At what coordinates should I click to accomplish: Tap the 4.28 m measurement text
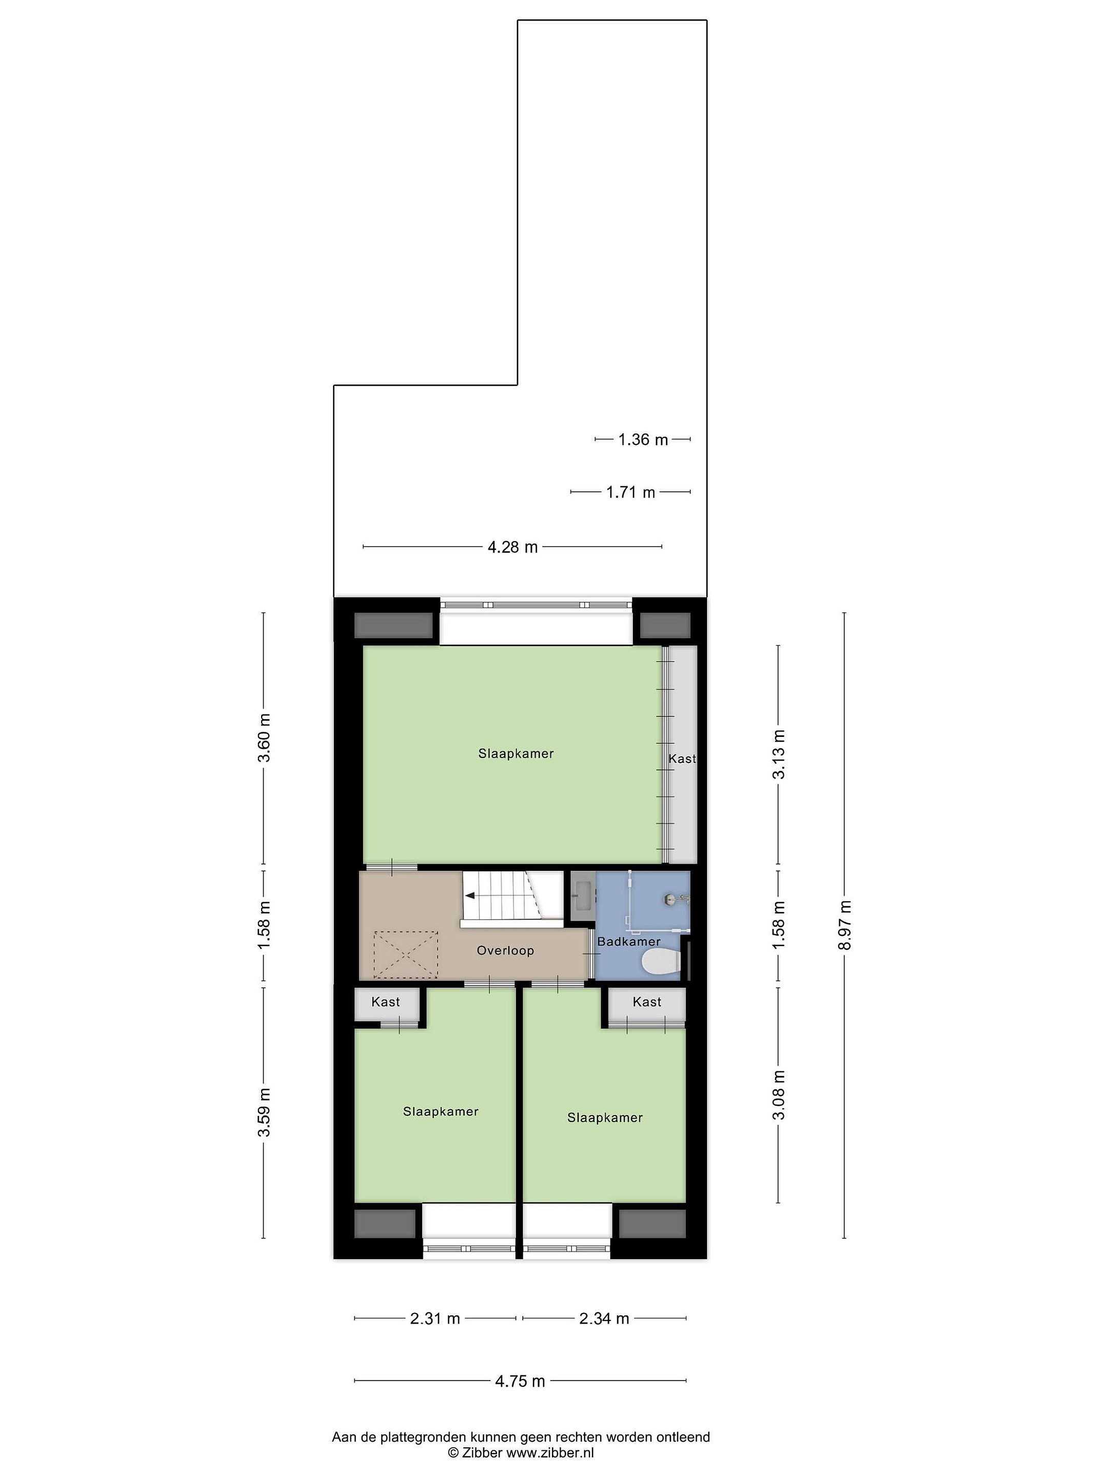coord(512,547)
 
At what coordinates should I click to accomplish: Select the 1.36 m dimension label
coord(643,440)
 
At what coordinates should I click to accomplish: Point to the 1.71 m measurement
coord(630,492)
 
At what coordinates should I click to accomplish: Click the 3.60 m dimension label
coord(265,737)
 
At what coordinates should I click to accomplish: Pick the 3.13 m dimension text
coord(779,754)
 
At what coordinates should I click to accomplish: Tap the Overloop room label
coord(505,950)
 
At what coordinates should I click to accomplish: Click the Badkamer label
coord(628,942)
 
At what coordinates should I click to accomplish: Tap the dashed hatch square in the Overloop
coord(405,955)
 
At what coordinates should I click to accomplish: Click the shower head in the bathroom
coord(670,900)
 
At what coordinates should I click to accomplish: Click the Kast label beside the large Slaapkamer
coord(682,759)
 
